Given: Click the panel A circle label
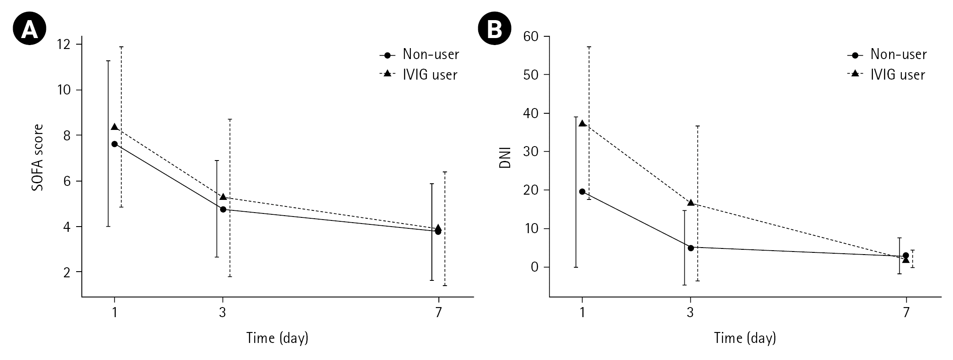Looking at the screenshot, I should (x=29, y=29).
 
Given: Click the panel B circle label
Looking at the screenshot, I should (x=495, y=29).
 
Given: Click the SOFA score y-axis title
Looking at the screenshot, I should (x=38, y=158).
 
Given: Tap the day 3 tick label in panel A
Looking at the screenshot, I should (x=223, y=313).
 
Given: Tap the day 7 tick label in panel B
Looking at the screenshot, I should (x=906, y=313).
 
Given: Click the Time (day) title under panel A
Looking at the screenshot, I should (x=277, y=338).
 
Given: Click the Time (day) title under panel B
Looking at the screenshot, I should (x=745, y=338).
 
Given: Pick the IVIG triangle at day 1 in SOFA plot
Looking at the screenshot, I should (x=115, y=127).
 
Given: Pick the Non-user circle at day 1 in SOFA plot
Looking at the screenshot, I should (x=115, y=144).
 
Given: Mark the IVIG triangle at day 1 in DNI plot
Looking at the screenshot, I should (x=582, y=123).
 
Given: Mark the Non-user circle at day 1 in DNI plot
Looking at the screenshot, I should (x=582, y=192).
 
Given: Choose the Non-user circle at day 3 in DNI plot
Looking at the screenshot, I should (x=691, y=248).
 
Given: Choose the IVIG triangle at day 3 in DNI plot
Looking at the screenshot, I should (x=691, y=203).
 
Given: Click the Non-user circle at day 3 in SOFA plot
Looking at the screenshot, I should (x=223, y=210).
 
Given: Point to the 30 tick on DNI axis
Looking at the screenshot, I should (x=532, y=152).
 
